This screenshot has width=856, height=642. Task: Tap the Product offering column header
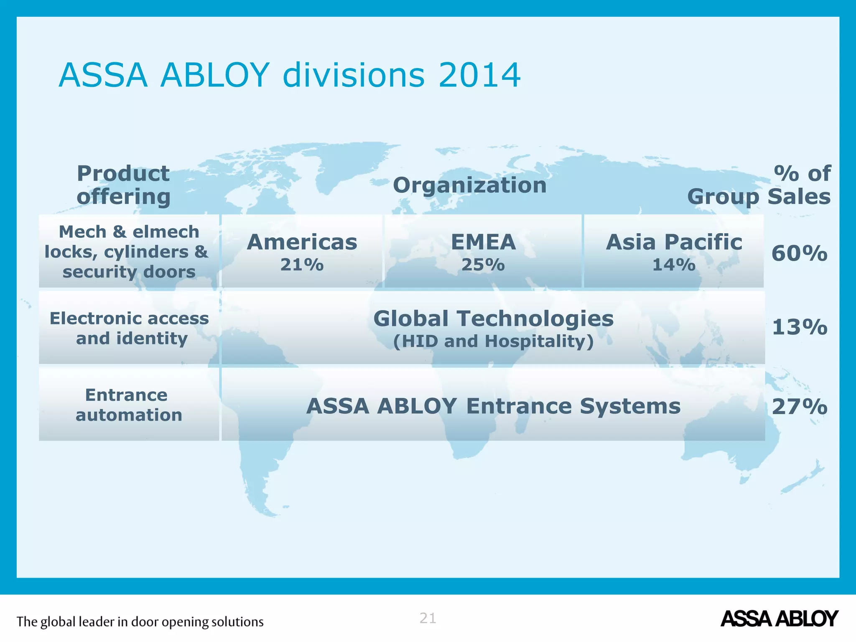[x=123, y=185]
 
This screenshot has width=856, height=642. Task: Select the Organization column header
[x=469, y=185]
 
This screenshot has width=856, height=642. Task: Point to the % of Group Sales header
[x=759, y=185]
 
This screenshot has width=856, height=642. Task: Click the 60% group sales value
[x=799, y=253]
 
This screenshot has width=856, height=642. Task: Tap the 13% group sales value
[x=799, y=327]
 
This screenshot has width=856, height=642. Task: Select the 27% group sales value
[x=799, y=407]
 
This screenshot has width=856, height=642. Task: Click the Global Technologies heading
[x=493, y=318]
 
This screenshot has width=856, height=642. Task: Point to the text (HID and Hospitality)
[x=493, y=341]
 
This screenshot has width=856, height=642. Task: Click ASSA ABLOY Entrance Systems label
[x=493, y=406]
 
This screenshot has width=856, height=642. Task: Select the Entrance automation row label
[x=128, y=405]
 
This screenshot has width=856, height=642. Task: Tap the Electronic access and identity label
[x=129, y=328]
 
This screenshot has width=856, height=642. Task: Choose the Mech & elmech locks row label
[x=127, y=252]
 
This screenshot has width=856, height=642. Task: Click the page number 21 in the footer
[x=428, y=618]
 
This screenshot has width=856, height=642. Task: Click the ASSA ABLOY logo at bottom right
[x=779, y=619]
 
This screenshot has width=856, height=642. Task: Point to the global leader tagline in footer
[x=140, y=622]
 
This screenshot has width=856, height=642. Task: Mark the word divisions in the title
[x=354, y=76]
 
